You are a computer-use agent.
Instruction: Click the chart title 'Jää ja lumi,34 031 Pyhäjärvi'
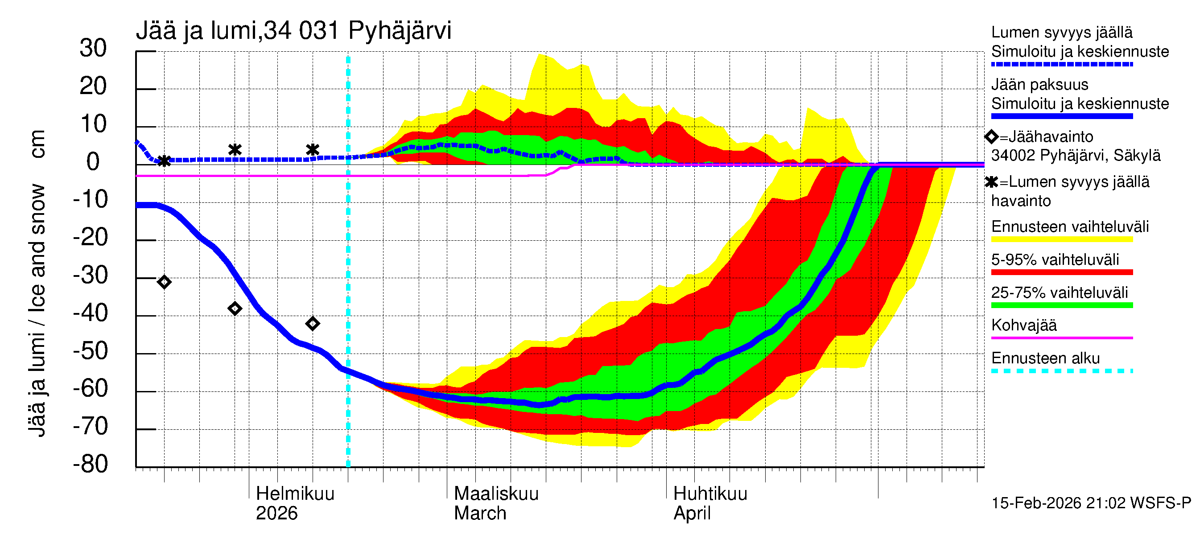(x=293, y=31)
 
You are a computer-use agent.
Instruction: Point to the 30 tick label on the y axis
(x=93, y=49)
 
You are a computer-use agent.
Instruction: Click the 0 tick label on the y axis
(x=93, y=162)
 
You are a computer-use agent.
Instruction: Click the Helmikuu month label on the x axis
(x=295, y=494)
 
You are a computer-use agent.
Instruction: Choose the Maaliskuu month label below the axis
(x=496, y=494)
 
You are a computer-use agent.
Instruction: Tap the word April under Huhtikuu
(x=692, y=514)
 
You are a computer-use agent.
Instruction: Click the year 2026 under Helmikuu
(x=276, y=514)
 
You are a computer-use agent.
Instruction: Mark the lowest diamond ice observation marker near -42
(x=313, y=323)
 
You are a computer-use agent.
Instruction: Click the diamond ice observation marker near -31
(x=164, y=282)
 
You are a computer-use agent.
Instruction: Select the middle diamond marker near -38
(x=235, y=309)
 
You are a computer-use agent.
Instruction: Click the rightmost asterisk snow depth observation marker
(x=313, y=149)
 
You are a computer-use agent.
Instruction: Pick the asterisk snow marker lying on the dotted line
(x=164, y=161)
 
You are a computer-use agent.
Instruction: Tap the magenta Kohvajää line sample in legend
(x=1061, y=337)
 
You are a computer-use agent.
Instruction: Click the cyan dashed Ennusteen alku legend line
(x=1061, y=371)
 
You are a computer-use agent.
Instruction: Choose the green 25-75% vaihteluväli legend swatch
(x=1061, y=305)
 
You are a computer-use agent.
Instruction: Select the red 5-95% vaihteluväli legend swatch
(x=1061, y=272)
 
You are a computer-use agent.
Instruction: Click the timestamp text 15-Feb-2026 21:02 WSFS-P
(x=1091, y=503)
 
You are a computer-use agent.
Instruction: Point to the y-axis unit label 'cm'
(x=37, y=144)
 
